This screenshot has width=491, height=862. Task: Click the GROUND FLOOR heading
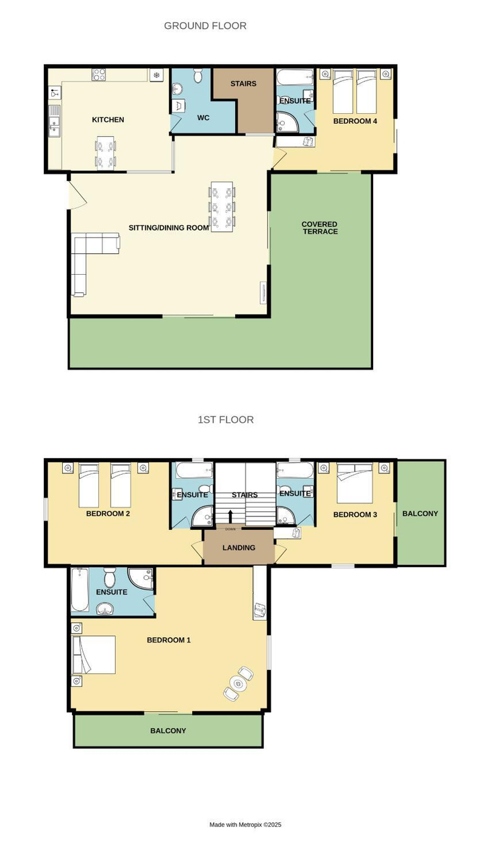click(x=205, y=26)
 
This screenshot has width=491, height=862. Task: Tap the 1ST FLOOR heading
click(x=226, y=420)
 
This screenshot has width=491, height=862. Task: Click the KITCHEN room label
click(x=108, y=120)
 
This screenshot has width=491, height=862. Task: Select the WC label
click(x=203, y=117)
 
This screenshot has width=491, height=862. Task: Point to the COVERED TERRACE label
click(x=320, y=228)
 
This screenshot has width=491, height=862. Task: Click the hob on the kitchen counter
click(x=99, y=74)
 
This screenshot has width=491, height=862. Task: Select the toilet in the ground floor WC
click(x=198, y=76)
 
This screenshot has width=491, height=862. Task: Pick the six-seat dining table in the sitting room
click(x=222, y=207)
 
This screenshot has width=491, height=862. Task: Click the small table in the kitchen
click(x=105, y=153)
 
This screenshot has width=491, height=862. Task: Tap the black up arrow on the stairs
click(x=230, y=515)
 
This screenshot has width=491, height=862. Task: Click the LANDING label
click(x=238, y=548)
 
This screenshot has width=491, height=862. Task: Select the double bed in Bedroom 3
click(x=354, y=483)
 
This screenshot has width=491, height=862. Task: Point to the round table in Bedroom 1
click(x=238, y=683)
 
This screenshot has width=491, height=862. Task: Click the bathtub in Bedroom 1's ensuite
click(x=79, y=589)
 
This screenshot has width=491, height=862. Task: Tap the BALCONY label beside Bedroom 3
click(x=420, y=513)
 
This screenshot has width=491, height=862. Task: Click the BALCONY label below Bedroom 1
click(x=168, y=731)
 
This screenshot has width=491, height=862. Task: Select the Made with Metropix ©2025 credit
click(x=245, y=824)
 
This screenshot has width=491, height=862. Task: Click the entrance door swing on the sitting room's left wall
click(x=77, y=195)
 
